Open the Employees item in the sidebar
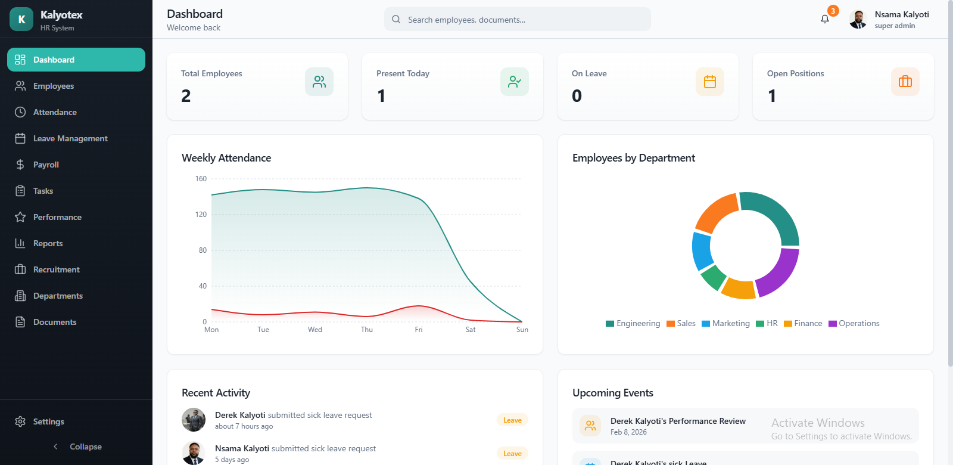pos(53,86)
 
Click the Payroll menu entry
pos(46,165)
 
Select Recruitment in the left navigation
pos(56,269)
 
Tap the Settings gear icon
pos(20,421)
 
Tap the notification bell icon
pos(825,19)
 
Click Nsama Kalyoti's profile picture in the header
pos(858,20)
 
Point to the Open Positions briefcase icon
pos(905,82)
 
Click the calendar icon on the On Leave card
pos(709,82)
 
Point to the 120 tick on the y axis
pos(201,215)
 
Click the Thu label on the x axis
pos(367,330)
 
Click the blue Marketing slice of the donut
pos(701,251)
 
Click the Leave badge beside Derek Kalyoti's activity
pos(512,420)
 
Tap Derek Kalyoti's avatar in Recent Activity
pos(194,420)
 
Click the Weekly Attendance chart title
pos(226,158)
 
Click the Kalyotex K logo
pos(21,19)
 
